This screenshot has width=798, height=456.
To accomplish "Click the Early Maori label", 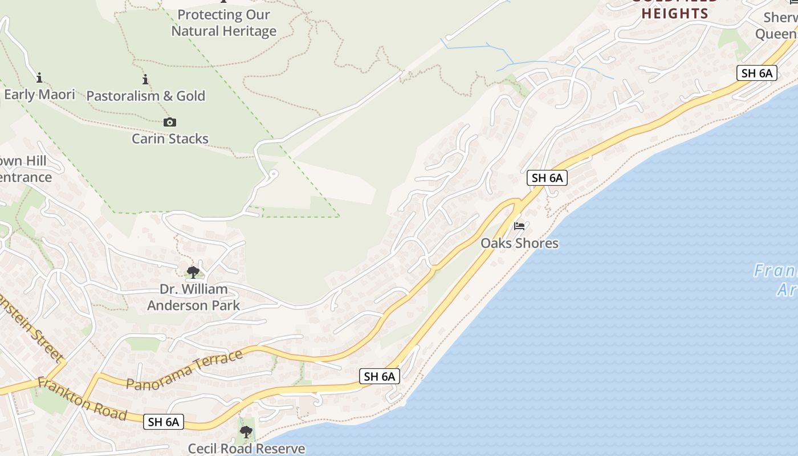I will (39, 94).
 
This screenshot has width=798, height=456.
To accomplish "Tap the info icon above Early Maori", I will (39, 78).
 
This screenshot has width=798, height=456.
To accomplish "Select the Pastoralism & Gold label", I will (145, 96).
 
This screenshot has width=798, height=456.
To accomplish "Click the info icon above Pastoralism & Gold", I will (145, 80).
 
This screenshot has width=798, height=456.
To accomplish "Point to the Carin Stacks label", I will (170, 139).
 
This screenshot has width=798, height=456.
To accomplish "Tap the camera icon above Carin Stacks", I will (170, 122).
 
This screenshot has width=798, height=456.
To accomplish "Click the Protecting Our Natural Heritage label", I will (224, 23).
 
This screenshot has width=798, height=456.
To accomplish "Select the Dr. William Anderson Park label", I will (193, 297).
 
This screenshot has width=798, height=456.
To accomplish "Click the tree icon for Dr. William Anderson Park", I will (193, 272).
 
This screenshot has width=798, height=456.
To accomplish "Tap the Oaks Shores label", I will (519, 243).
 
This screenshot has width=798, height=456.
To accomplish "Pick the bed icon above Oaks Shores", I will (519, 226).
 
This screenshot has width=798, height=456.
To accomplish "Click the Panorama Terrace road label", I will (185, 371).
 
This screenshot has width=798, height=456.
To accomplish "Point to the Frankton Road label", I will (82, 398).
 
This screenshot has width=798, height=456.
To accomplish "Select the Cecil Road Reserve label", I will (246, 449).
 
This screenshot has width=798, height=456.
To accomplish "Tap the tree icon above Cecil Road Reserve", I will (246, 432).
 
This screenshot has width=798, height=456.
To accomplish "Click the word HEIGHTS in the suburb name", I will (674, 14).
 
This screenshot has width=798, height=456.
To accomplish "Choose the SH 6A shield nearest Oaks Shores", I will (547, 178).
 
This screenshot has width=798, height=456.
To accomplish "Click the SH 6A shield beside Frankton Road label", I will (164, 422).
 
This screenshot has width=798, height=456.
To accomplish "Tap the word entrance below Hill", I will (25, 177).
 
